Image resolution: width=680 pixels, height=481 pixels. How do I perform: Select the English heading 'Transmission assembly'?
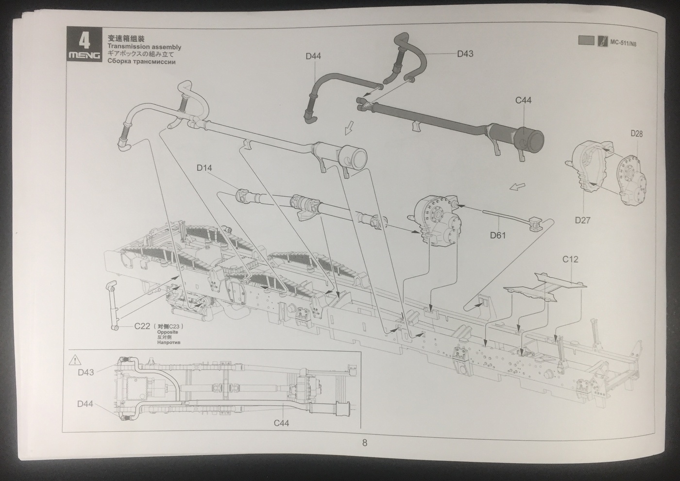141,47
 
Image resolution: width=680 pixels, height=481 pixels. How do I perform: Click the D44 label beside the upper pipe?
313,56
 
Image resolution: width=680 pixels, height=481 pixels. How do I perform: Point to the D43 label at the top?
465,54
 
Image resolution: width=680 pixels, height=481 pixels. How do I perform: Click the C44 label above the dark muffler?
523,100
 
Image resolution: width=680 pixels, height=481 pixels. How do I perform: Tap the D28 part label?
636,133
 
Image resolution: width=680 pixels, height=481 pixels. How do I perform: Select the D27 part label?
582,220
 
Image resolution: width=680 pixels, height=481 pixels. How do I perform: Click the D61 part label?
498,235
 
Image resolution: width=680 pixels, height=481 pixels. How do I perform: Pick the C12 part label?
570,260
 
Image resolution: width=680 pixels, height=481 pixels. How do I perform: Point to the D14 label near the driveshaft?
204,168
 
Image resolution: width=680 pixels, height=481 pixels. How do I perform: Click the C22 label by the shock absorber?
142,326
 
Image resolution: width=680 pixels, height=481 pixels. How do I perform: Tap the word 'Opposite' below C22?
168,332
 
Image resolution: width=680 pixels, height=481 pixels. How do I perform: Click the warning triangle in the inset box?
75,360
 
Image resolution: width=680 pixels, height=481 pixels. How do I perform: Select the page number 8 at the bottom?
365,442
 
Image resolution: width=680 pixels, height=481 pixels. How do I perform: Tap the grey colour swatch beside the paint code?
586,41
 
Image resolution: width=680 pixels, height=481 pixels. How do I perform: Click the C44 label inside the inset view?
281,423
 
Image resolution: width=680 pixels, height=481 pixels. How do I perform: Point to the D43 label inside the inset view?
85,373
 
